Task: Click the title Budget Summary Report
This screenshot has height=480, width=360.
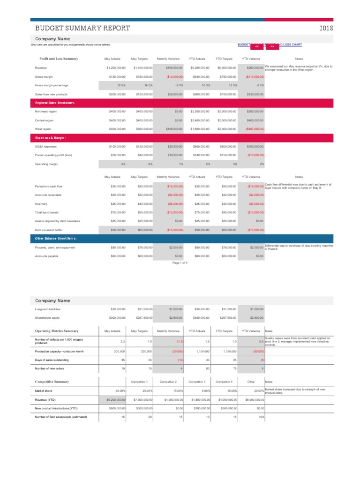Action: pos(80,28)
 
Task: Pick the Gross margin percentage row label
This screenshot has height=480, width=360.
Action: pos(52,85)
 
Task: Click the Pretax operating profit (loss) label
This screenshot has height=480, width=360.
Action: pos(52,155)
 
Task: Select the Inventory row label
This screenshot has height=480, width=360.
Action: pos(41,204)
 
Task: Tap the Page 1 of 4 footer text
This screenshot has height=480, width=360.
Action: pos(180,263)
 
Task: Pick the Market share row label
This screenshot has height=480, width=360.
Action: pos(44,390)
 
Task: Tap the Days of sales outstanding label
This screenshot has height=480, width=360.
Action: pos(52,360)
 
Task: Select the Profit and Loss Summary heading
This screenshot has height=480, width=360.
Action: pos(59,59)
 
